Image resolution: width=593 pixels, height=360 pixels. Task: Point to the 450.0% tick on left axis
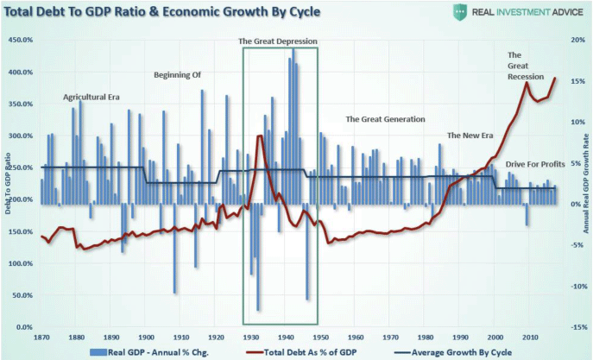tap(20, 40)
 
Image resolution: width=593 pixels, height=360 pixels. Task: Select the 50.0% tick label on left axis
tap(22, 295)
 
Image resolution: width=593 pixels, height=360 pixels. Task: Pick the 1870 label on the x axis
tap(41, 338)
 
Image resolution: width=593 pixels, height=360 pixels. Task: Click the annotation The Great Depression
tap(277, 41)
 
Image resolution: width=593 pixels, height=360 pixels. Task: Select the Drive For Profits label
tap(534, 164)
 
